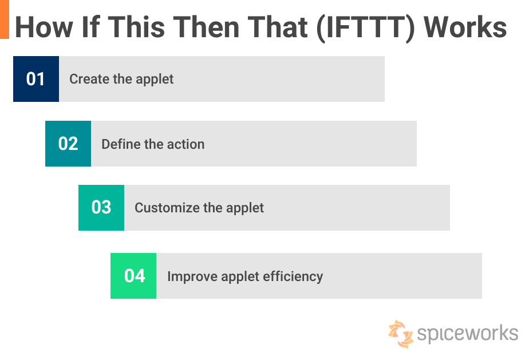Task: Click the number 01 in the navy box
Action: tap(35, 79)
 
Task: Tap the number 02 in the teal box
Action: tap(68, 144)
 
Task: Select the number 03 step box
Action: tap(101, 207)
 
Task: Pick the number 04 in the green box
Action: tap(134, 276)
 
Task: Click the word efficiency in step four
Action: tap(293, 276)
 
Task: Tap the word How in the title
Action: tap(44, 27)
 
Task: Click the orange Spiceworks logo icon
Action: tap(401, 334)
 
